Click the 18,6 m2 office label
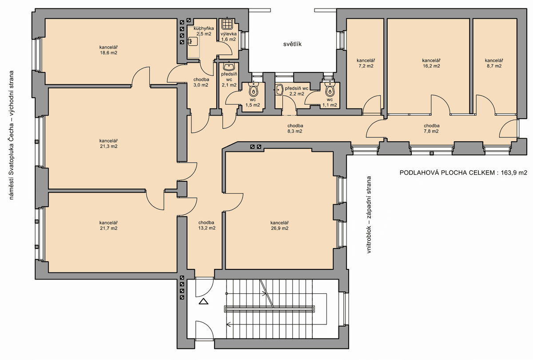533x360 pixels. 108,50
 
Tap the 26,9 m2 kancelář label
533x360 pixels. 279,225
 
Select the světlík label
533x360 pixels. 292,44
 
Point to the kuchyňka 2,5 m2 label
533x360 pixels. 204,31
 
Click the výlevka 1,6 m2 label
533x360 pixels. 228,36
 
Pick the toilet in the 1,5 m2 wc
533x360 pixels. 253,90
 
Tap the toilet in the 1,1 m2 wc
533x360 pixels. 330,89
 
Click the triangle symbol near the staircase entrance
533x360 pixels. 203,301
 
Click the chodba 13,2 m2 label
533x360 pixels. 207,225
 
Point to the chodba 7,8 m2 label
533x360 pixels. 431,128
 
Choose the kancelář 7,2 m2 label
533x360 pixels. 366,63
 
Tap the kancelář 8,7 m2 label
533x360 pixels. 494,63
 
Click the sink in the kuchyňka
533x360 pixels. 191,41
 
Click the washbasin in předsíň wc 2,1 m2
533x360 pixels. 229,66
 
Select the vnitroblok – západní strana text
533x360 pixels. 369,214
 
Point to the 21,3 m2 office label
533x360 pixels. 108,144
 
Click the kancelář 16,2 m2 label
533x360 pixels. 431,63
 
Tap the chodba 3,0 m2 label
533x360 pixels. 201,82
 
